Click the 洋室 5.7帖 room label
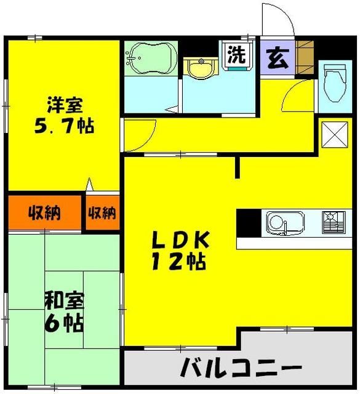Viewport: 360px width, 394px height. [64, 117]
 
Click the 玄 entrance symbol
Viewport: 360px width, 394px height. [274, 56]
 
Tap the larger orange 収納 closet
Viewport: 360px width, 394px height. [44, 213]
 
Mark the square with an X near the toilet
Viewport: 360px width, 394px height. [333, 132]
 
